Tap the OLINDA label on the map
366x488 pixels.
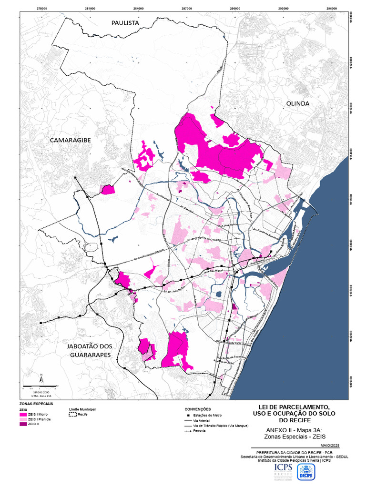[x=298, y=103]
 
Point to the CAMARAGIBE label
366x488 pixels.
[x=71, y=140]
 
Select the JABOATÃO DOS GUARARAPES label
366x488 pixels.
[x=90, y=351]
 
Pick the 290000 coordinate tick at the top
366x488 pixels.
[x=234, y=9]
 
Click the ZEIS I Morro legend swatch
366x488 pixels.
[x=23, y=415]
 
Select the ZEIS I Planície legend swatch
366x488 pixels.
[x=23, y=419]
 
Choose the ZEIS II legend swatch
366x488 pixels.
[x=23, y=424]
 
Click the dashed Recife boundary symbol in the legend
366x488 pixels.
[x=72, y=415]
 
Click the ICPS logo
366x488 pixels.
[x=283, y=472]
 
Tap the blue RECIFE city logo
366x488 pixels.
[x=305, y=472]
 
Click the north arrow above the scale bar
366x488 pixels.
[x=42, y=379]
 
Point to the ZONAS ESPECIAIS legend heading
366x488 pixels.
[x=36, y=404]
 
